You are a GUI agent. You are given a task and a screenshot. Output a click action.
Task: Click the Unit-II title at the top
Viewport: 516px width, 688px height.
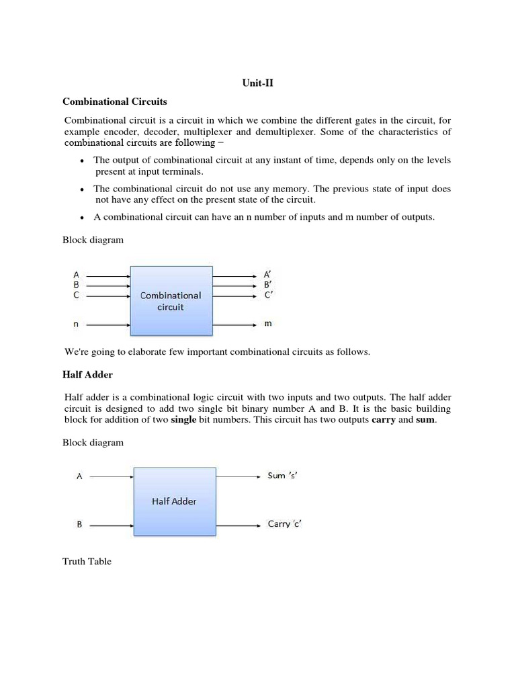[257, 83]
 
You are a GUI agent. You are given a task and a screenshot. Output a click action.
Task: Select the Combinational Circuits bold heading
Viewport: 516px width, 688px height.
[115, 101]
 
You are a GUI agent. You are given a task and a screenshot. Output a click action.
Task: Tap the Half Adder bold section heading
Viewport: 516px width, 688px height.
[87, 374]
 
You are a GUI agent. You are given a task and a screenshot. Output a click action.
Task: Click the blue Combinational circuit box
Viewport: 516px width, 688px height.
[171, 300]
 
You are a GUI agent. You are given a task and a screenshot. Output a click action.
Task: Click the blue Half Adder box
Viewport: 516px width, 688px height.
[175, 501]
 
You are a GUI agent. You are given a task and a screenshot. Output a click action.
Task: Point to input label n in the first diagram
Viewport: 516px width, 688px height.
[76, 325]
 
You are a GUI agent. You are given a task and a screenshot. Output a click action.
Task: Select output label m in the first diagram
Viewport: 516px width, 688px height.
[267, 324]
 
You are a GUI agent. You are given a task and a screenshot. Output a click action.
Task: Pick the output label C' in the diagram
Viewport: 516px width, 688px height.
[267, 295]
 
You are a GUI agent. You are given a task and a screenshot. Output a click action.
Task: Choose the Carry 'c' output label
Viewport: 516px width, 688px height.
[285, 524]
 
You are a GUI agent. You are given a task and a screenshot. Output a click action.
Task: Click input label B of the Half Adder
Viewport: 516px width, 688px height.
[79, 525]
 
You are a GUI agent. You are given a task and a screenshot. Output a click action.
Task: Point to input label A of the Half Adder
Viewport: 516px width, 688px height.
[79, 476]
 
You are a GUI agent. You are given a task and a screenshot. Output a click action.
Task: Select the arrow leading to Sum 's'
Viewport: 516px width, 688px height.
[239, 476]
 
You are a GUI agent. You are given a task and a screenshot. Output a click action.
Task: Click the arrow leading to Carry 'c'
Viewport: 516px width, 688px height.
[239, 525]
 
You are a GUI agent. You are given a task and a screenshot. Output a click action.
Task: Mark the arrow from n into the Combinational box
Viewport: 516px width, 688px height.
[107, 325]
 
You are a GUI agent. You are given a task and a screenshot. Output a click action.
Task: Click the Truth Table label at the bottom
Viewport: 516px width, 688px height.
[87, 561]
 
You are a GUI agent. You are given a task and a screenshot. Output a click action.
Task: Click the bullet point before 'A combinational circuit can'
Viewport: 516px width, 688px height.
[81, 218]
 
